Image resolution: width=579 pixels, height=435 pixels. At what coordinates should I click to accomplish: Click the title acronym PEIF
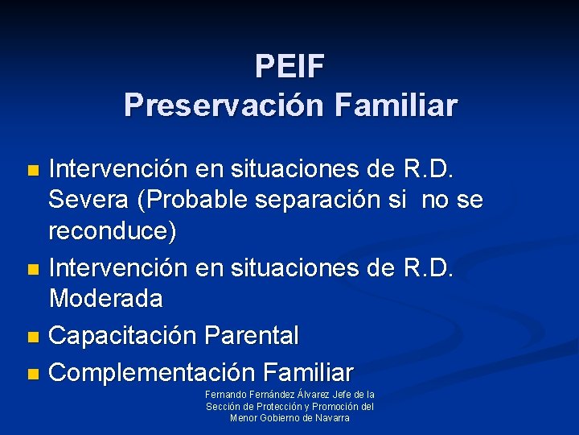(289, 66)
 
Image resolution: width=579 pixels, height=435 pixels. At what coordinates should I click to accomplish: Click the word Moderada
(105, 299)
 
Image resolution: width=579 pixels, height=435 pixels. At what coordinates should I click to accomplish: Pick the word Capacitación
(124, 335)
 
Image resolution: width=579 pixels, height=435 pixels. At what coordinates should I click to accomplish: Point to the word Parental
(253, 335)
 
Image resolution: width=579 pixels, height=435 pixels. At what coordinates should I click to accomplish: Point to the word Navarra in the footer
(331, 417)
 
